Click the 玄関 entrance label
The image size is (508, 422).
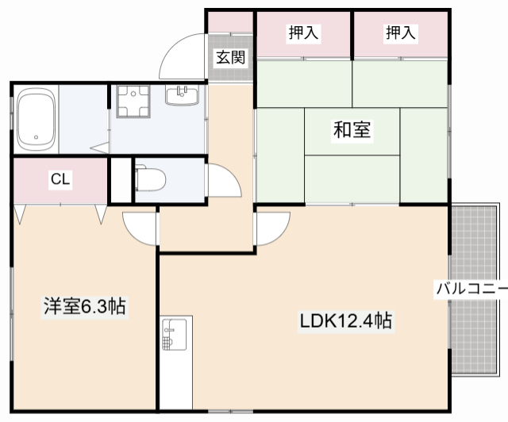click(x=231, y=57)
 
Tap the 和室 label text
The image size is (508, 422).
click(x=352, y=130)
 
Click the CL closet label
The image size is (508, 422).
click(x=60, y=180)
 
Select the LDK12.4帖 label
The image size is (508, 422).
click(x=344, y=321)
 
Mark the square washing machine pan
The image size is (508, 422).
click(x=133, y=102)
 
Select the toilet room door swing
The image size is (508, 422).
click(x=222, y=182)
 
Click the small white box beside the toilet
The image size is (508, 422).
click(x=120, y=181)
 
